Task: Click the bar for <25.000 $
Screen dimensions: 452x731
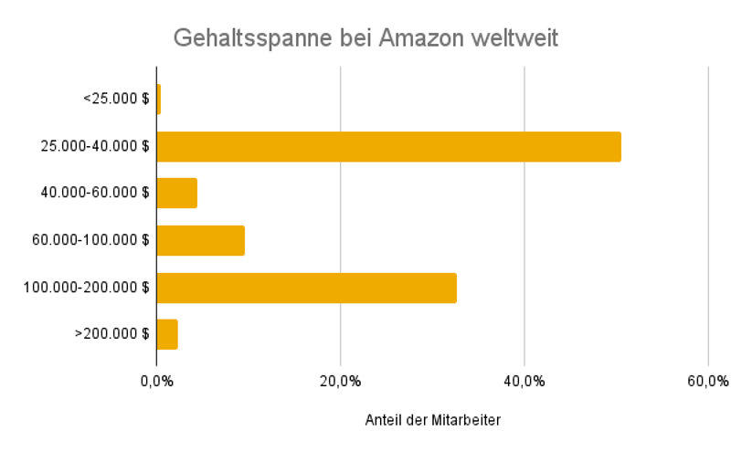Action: (x=159, y=100)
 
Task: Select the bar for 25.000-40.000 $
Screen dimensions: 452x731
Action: (x=388, y=147)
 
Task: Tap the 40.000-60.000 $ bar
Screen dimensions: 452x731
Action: (x=177, y=194)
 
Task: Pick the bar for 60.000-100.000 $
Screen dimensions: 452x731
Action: (x=201, y=241)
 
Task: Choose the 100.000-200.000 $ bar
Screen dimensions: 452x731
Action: (x=306, y=288)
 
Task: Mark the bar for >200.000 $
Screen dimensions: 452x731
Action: (x=167, y=335)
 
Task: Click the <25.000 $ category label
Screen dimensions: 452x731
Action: (x=115, y=100)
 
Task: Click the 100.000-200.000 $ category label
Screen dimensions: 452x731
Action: (x=87, y=288)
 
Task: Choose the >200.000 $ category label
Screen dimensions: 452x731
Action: (x=111, y=335)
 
